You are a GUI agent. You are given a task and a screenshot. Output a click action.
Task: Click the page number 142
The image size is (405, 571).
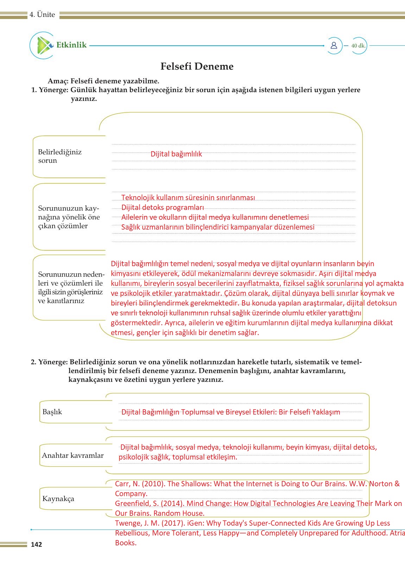click(36, 544)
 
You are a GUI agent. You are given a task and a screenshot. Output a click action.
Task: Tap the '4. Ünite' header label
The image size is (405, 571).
click(42, 15)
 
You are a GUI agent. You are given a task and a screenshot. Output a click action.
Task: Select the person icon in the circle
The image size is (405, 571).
click(334, 45)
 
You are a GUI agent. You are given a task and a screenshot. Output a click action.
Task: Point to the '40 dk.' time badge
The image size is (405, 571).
click(358, 46)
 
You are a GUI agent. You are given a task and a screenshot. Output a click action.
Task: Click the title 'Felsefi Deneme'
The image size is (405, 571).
click(197, 66)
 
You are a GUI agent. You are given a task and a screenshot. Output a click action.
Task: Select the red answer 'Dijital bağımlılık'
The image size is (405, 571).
click(176, 154)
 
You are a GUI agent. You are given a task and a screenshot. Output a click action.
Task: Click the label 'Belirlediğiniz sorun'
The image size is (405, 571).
click(59, 156)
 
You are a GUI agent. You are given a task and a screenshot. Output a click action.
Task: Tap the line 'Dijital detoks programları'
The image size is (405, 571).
click(163, 207)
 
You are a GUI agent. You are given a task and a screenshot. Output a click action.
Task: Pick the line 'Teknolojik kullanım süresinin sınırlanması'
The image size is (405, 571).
click(188, 198)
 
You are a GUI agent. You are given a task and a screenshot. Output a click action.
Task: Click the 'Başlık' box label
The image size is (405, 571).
click(52, 412)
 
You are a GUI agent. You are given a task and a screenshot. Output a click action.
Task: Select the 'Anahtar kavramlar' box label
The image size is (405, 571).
click(72, 455)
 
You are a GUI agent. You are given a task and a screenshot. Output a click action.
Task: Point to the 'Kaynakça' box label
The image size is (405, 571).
click(58, 499)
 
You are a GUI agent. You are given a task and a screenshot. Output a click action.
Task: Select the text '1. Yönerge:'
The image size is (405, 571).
click(50, 90)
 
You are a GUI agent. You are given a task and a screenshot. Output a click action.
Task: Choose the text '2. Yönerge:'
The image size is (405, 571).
click(49, 362)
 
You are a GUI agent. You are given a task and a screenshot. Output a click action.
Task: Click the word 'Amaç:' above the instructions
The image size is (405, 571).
click(58, 81)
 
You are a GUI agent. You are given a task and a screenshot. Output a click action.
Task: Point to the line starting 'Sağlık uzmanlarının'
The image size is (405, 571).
click(217, 227)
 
